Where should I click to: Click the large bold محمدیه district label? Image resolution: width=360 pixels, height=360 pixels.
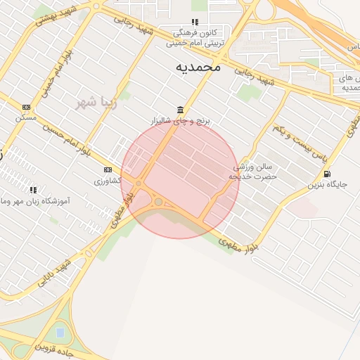tap(198, 67)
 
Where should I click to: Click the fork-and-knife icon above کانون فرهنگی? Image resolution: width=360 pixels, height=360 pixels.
tap(195, 22)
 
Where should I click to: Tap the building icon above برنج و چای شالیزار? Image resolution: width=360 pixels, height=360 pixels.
tap(181, 109)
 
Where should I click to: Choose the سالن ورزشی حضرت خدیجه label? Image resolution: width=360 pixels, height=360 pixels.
tap(256, 172)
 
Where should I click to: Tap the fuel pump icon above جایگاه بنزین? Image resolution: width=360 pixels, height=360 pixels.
tap(327, 174)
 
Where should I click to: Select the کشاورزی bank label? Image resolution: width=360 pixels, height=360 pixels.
tap(108, 181)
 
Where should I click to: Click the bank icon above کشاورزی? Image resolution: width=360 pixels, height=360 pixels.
tap(108, 169)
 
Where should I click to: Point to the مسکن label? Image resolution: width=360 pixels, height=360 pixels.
tap(26, 117)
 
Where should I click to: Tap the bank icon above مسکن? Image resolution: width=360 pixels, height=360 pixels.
tap(26, 107)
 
